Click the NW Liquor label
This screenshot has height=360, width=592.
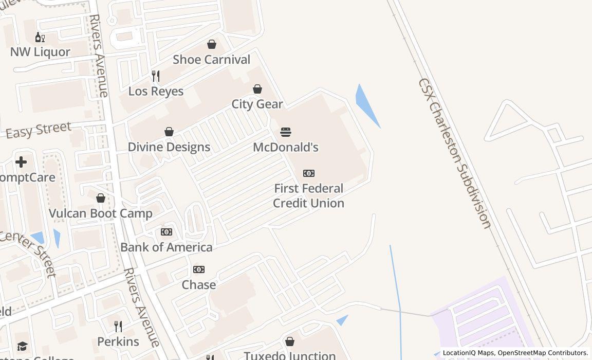[x=40, y=52]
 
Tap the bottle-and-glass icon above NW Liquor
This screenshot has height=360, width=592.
[x=40, y=37]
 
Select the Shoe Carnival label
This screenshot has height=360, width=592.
[x=211, y=60]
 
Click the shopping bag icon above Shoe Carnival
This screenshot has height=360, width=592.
[x=212, y=45]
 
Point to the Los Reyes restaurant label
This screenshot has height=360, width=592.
[x=156, y=92]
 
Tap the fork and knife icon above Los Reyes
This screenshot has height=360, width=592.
[x=156, y=76]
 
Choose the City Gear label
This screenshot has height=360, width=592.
[x=257, y=104]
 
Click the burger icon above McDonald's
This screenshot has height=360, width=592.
[x=286, y=132]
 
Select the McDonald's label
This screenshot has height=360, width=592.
[x=286, y=147]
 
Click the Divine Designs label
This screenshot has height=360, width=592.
[x=169, y=147]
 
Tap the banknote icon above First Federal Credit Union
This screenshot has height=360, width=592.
[x=309, y=173]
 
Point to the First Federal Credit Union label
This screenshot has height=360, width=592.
[x=308, y=196]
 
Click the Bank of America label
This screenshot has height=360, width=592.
[x=166, y=247]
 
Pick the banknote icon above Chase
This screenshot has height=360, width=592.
[x=199, y=269]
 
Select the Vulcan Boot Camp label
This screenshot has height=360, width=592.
[x=101, y=213]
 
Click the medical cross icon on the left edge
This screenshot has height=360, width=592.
[x=21, y=162]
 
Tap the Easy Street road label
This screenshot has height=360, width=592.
[x=39, y=130]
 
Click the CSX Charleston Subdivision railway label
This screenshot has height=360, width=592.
[x=455, y=153]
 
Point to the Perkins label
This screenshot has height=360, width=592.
[x=118, y=341]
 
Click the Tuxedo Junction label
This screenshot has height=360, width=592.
[x=290, y=355]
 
